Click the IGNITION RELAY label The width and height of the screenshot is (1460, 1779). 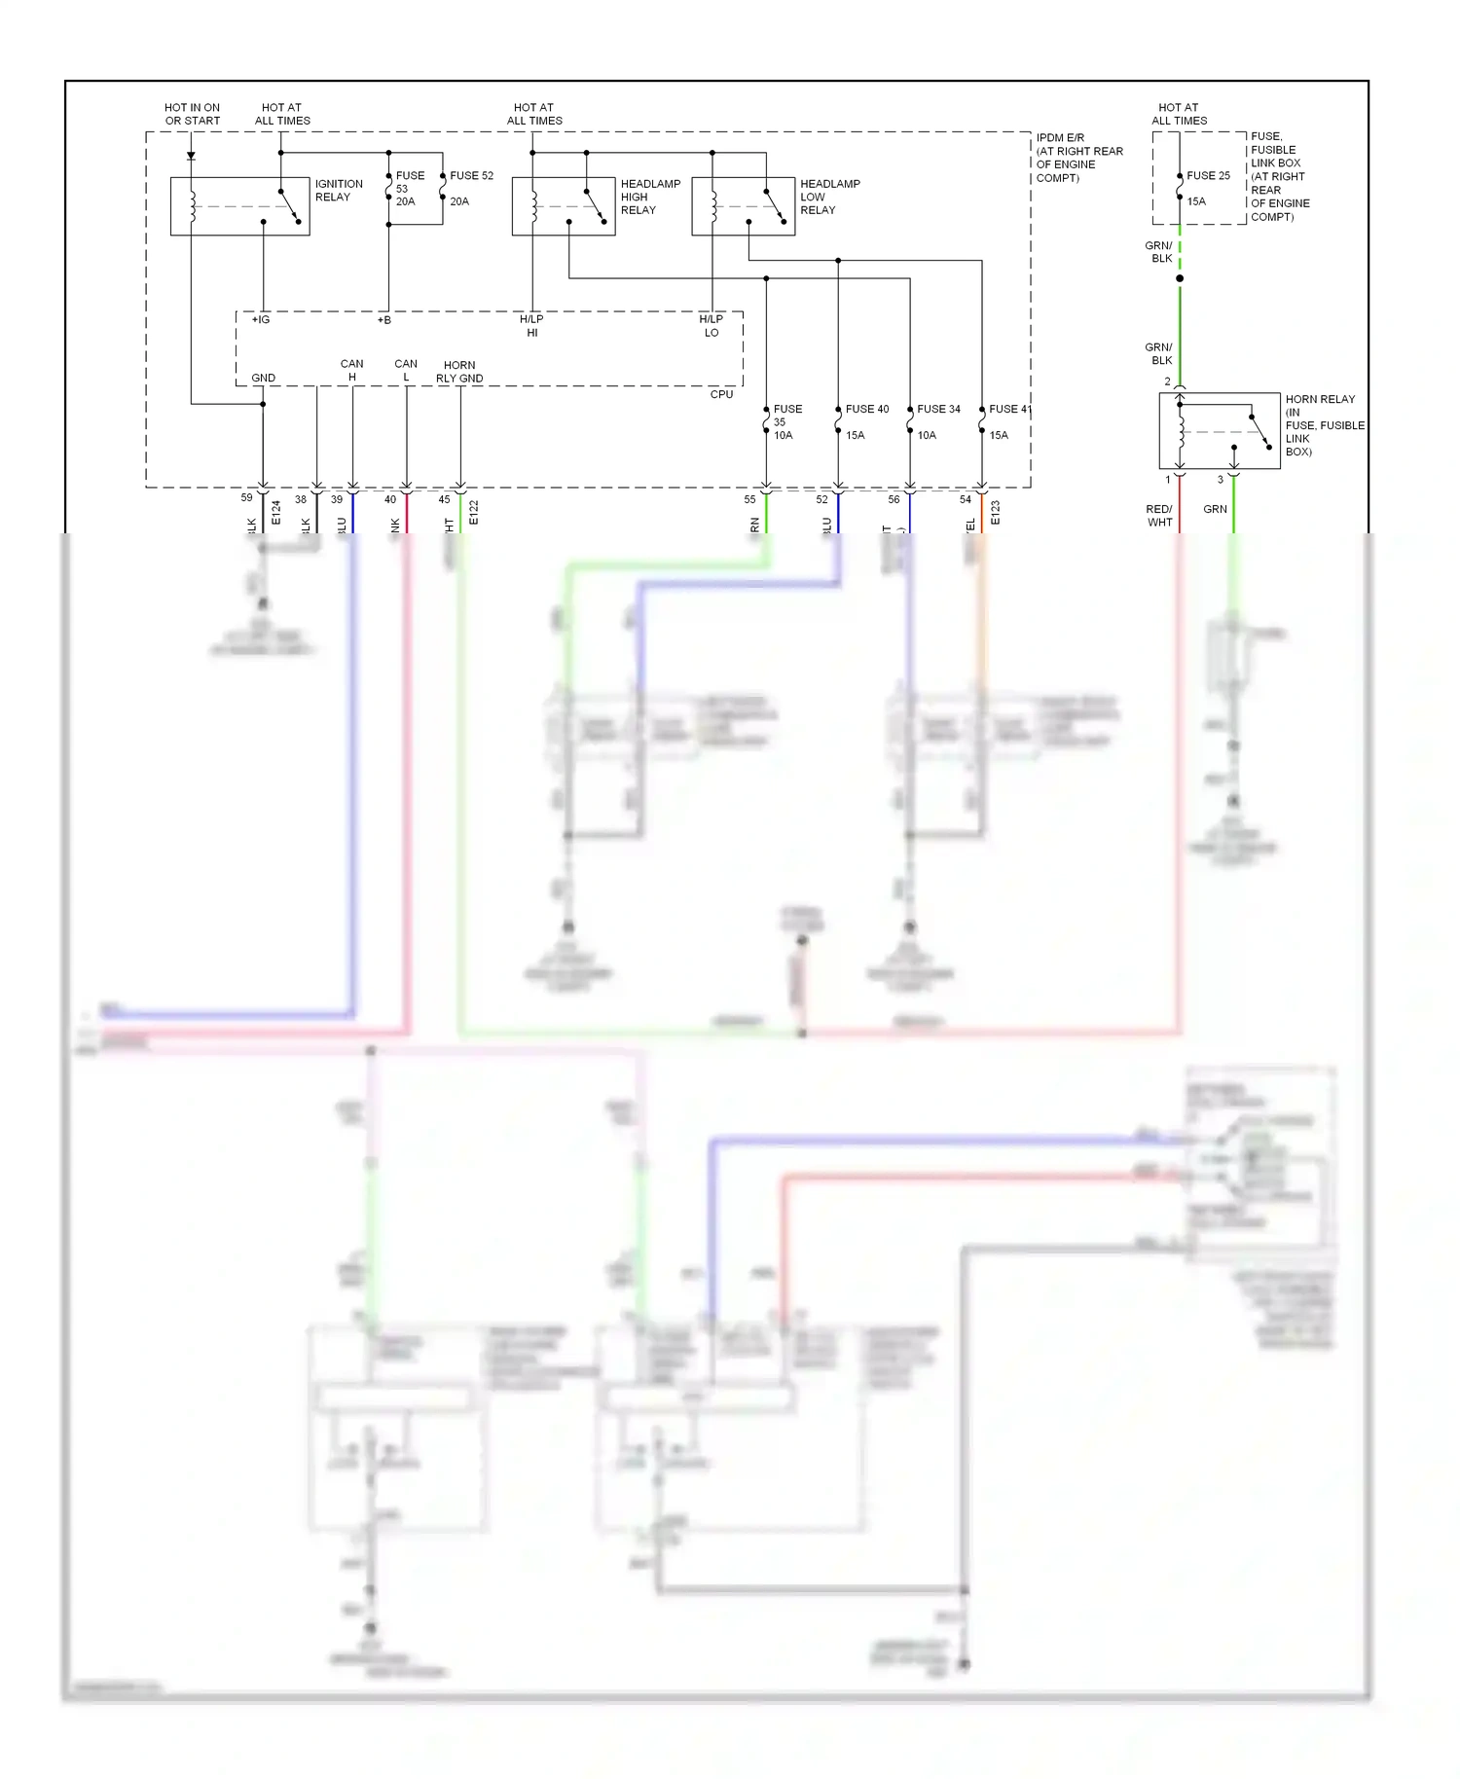(x=338, y=190)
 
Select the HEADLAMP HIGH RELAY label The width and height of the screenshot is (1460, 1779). (x=649, y=197)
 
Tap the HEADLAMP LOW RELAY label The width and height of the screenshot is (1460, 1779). (x=829, y=197)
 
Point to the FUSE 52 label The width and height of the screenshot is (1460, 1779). (x=471, y=176)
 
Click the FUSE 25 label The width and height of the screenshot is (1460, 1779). (x=1208, y=176)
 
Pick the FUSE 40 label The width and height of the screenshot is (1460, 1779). (x=866, y=410)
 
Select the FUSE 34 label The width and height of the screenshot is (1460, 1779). (x=938, y=410)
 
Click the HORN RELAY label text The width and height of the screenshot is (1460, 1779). (x=1319, y=399)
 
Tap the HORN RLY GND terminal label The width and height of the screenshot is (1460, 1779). (x=459, y=372)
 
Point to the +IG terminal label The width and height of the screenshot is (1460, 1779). (x=261, y=320)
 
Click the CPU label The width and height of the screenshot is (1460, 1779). (x=721, y=394)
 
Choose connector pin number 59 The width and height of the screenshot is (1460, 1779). (x=246, y=498)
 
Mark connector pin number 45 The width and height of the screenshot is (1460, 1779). (x=444, y=500)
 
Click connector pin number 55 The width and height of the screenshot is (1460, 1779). (x=749, y=500)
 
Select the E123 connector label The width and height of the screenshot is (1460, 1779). (x=995, y=513)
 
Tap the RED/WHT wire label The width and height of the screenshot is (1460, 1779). (x=1159, y=516)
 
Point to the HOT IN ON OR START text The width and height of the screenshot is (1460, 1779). (x=192, y=114)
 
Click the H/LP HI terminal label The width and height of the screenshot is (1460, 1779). (x=531, y=326)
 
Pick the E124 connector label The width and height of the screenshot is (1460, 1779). (x=275, y=513)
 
